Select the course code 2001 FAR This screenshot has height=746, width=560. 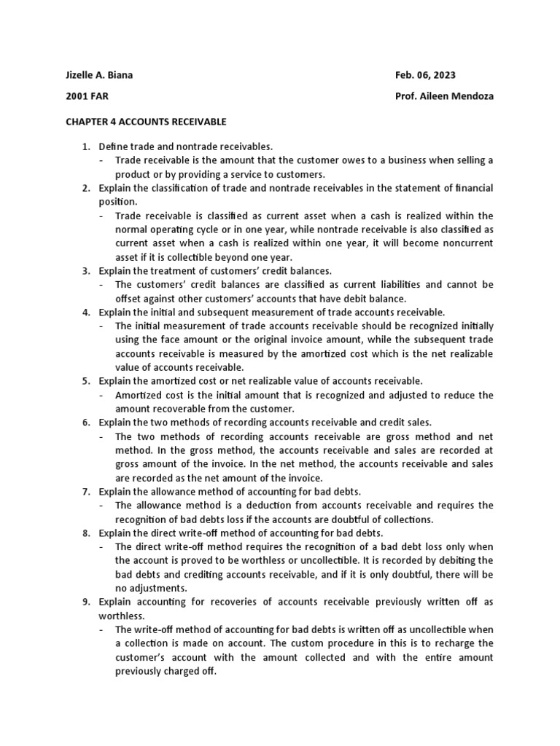[83, 96]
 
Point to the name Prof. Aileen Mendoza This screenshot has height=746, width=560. [443, 96]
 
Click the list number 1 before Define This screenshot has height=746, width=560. [85, 146]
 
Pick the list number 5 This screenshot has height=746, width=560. [85, 381]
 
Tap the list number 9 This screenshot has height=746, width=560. [85, 602]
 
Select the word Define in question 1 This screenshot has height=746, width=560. [113, 146]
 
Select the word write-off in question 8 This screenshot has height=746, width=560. [184, 533]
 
